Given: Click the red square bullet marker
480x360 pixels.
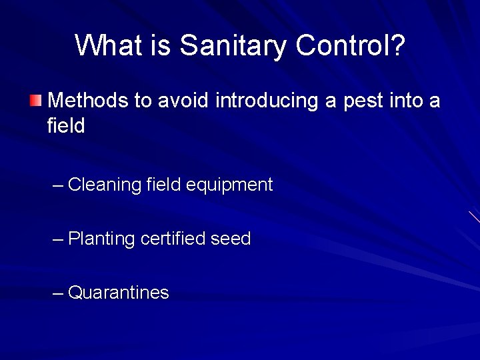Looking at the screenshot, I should (x=35, y=101).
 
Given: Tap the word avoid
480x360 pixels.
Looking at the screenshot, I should (x=182, y=101).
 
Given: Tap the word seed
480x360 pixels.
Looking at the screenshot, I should (x=231, y=238).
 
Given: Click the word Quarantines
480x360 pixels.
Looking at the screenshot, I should (x=119, y=292).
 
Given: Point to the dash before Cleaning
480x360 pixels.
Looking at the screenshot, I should (x=58, y=185).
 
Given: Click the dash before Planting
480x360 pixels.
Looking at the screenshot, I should (x=58, y=238).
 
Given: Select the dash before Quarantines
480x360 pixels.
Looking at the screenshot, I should (x=58, y=292).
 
